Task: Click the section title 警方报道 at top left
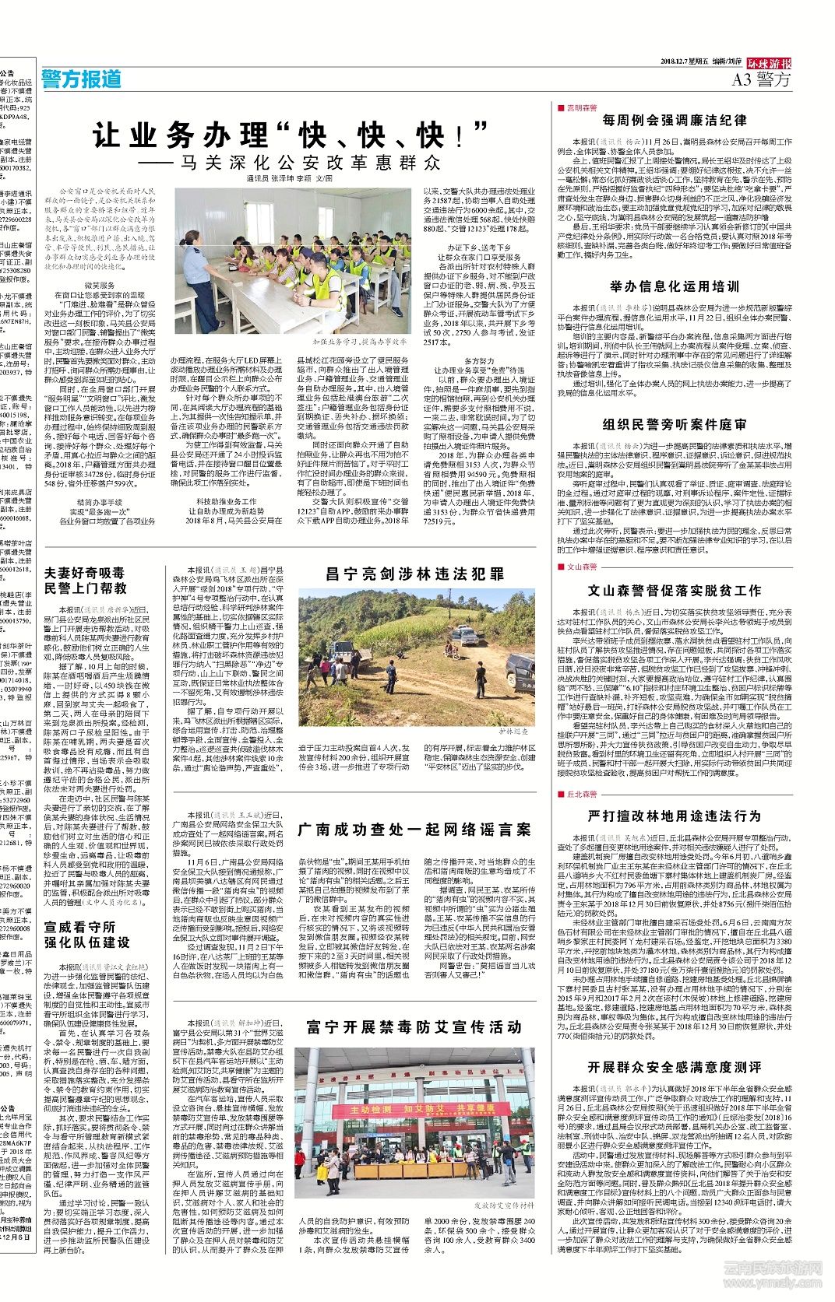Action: pyautogui.click(x=82, y=79)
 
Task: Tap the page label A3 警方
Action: pyautogui.click(x=761, y=79)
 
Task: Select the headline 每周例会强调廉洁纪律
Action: pyautogui.click(x=675, y=121)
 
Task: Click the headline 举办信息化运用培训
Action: pyautogui.click(x=675, y=286)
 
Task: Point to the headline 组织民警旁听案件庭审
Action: pyautogui.click(x=675, y=424)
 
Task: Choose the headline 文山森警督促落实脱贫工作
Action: pyautogui.click(x=675, y=591)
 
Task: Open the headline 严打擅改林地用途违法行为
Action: pyautogui.click(x=675, y=816)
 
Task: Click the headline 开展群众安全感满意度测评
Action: pyautogui.click(x=675, y=1066)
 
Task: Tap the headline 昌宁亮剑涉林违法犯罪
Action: pyautogui.click(x=414, y=574)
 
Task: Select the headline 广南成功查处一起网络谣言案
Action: pyautogui.click(x=414, y=830)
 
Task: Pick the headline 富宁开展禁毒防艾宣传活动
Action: pyautogui.click(x=414, y=1027)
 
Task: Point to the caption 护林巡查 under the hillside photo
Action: pyautogui.click(x=513, y=732)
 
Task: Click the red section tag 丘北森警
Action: pyautogui.click(x=581, y=794)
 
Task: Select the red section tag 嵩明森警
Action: pyautogui.click(x=581, y=107)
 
